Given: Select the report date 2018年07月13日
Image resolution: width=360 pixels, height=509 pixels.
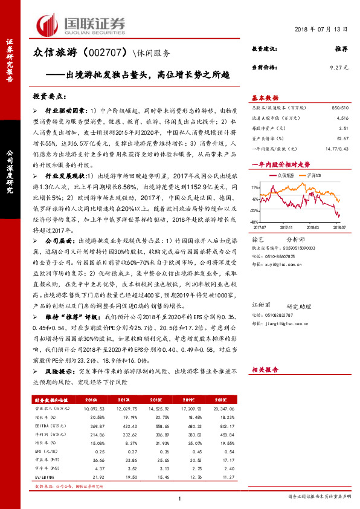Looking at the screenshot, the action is tap(321, 30).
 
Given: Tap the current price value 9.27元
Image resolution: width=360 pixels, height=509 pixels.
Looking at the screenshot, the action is tap(338, 68).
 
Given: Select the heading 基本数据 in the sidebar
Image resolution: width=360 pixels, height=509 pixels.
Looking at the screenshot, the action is tap(264, 97).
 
